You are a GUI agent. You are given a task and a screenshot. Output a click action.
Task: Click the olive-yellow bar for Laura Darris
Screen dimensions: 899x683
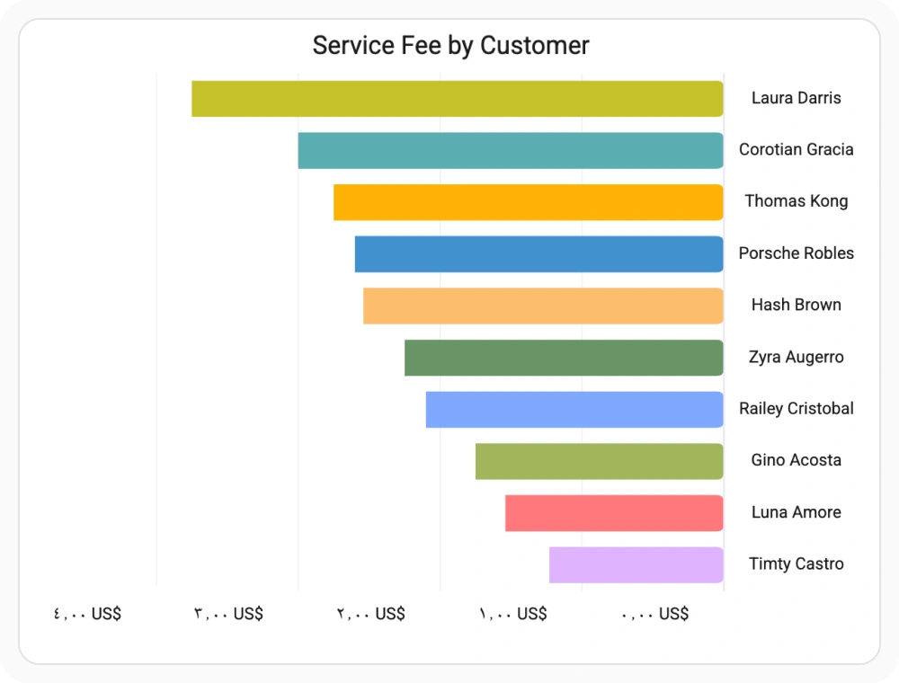tap(457, 99)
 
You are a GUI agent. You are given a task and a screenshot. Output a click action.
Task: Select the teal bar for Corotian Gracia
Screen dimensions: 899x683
tap(511, 151)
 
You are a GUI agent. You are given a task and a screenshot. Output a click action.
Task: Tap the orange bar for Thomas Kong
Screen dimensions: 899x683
tap(528, 202)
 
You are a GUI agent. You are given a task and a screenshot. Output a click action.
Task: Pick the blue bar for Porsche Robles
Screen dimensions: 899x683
tap(539, 253)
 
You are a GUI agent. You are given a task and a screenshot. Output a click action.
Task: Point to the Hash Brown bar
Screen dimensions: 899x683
tap(543, 306)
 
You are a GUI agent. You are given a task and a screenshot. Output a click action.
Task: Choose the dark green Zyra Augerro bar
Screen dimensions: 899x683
tap(564, 358)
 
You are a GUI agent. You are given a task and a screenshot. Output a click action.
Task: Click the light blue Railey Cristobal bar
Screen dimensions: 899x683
tap(574, 410)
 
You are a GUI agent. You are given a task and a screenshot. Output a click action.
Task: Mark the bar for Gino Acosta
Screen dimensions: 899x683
tap(599, 461)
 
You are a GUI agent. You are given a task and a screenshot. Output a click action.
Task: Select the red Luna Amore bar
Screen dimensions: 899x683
tap(614, 513)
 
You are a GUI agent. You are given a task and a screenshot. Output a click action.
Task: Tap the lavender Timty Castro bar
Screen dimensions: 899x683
tap(636, 565)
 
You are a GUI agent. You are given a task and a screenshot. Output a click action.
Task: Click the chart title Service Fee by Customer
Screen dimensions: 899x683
tap(450, 45)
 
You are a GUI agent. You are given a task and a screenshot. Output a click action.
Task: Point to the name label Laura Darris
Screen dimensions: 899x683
tap(797, 98)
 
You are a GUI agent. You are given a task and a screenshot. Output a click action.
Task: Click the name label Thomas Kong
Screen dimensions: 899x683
tap(797, 201)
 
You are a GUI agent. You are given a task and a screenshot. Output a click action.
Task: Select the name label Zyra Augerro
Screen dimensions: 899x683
tap(797, 357)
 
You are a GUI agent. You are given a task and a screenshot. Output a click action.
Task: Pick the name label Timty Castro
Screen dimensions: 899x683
tap(797, 563)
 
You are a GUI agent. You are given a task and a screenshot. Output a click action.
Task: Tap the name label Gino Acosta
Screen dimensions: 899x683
tap(797, 460)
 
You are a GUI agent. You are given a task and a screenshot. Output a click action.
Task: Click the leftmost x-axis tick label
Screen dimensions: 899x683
tap(87, 614)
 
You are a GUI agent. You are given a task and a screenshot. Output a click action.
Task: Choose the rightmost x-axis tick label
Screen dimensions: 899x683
tap(654, 614)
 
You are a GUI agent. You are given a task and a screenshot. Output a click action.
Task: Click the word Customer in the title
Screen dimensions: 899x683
tap(534, 45)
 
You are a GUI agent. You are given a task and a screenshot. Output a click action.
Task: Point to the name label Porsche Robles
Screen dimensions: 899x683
tap(797, 253)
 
